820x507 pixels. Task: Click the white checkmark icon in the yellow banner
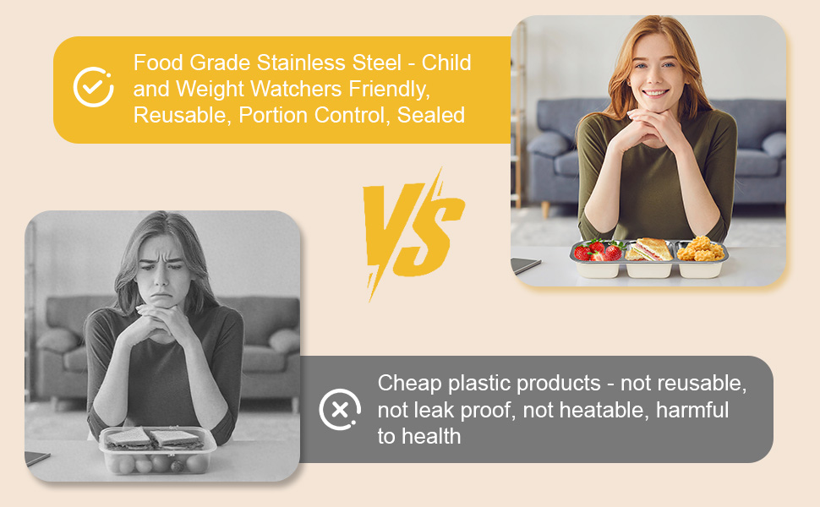pyautogui.click(x=93, y=87)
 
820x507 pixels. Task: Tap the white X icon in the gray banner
pyautogui.click(x=340, y=410)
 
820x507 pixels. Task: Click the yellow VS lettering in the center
pyautogui.click(x=413, y=233)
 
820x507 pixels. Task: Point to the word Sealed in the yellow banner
pyautogui.click(x=431, y=115)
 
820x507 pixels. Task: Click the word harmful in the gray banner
pyautogui.click(x=692, y=410)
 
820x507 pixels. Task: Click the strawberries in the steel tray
pyautogui.click(x=599, y=250)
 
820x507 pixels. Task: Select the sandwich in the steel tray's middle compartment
pyautogui.click(x=649, y=249)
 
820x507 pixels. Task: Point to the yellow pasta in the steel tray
pyautogui.click(x=700, y=248)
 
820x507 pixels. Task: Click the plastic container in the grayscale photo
pyautogui.click(x=157, y=450)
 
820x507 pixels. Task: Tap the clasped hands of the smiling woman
pyautogui.click(x=648, y=128)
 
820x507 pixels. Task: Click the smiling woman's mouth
pyautogui.click(x=655, y=94)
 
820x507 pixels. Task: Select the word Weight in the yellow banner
pyautogui.click(x=210, y=90)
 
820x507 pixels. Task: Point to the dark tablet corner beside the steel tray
pyautogui.click(x=526, y=265)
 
